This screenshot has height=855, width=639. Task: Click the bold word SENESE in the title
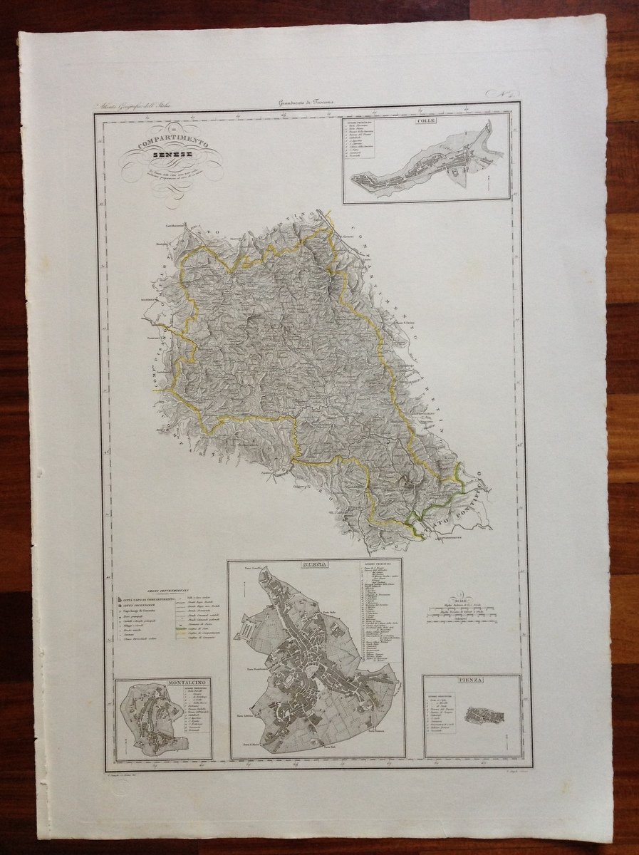pyautogui.click(x=170, y=156)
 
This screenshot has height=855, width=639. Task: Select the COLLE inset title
pyautogui.click(x=427, y=120)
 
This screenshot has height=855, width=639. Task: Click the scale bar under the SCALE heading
pyautogui.click(x=463, y=611)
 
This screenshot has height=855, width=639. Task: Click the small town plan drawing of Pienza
pyautogui.click(x=484, y=715)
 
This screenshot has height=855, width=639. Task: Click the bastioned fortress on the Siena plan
pyautogui.click(x=246, y=631)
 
